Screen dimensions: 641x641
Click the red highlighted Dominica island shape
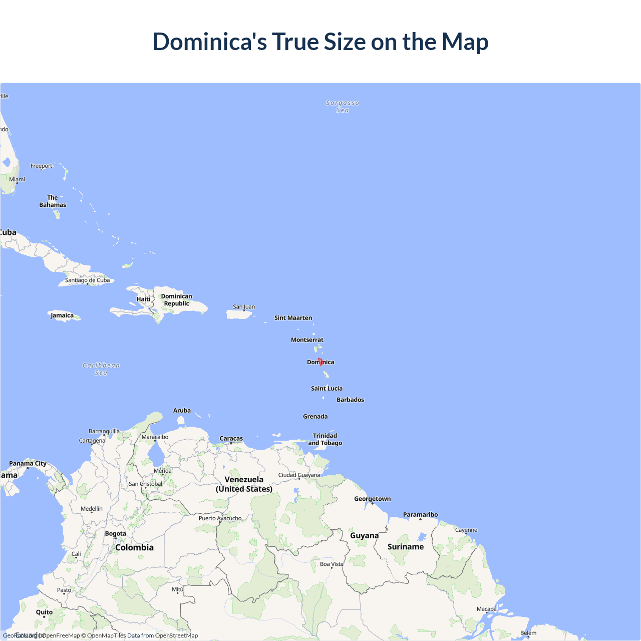click(320, 362)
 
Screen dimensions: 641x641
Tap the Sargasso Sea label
click(343, 106)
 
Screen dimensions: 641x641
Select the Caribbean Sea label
click(101, 369)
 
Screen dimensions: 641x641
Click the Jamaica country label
click(62, 315)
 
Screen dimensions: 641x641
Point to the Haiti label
click(143, 299)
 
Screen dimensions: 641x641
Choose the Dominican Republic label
click(176, 300)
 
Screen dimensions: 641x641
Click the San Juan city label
click(244, 306)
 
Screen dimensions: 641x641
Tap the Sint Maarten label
click(293, 318)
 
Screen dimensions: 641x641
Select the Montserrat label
click(307, 340)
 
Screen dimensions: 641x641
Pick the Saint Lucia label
click(327, 389)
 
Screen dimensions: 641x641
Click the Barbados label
click(350, 400)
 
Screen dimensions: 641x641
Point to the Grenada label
click(315, 417)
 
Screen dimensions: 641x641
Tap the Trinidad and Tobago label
click(325, 439)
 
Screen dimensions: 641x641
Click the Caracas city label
click(231, 439)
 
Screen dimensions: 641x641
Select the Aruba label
click(182, 411)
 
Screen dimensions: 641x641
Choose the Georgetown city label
click(372, 499)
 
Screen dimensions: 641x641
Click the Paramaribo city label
click(420, 515)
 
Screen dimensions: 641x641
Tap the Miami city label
click(17, 179)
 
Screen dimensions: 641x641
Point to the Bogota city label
click(115, 534)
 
